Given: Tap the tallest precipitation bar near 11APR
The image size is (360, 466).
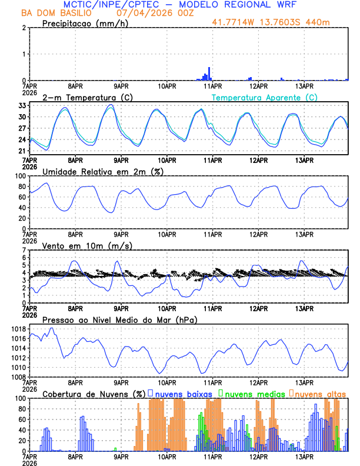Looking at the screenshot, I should (x=209, y=74).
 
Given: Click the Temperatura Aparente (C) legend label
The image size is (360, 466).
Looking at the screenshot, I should (x=265, y=97).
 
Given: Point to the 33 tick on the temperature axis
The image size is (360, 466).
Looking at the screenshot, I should (x=21, y=105).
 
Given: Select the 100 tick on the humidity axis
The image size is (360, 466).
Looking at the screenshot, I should (x=18, y=176).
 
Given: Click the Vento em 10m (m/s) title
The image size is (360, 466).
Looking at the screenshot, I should (x=87, y=245).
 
